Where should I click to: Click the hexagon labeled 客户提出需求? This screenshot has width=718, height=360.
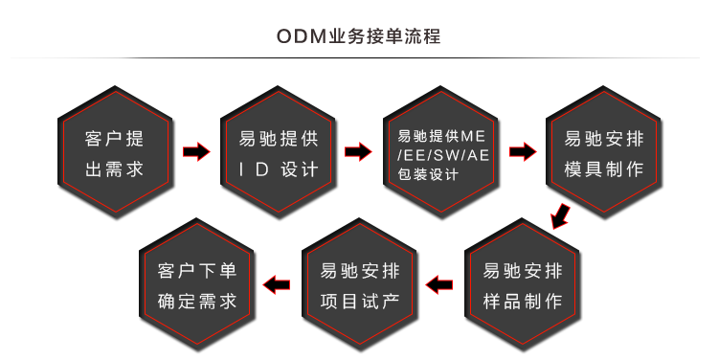pyautogui.click(x=115, y=153)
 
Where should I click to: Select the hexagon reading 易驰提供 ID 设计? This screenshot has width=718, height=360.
pyautogui.click(x=279, y=153)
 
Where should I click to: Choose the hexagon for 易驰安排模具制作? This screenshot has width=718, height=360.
pyautogui.click(x=604, y=153)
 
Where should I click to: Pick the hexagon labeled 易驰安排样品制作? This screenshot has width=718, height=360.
pyautogui.click(x=523, y=285)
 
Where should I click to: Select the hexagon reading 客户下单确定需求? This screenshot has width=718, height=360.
pyautogui.click(x=197, y=285)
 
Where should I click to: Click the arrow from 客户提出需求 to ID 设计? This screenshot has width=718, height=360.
pyautogui.click(x=196, y=151)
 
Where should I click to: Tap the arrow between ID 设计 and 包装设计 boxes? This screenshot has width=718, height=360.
pyautogui.click(x=358, y=151)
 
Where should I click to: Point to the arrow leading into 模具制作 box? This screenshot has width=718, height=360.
pyautogui.click(x=523, y=151)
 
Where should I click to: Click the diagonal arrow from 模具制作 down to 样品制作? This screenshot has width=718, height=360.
pyautogui.click(x=563, y=216)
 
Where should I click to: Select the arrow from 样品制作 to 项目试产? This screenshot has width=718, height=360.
pyautogui.click(x=439, y=284)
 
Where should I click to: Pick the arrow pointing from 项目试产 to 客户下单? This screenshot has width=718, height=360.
pyautogui.click(x=277, y=284)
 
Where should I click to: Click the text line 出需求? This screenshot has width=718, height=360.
pyautogui.click(x=115, y=169)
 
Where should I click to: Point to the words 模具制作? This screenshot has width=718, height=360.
pyautogui.click(x=604, y=169)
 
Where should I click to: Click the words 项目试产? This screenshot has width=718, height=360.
pyautogui.click(x=360, y=302)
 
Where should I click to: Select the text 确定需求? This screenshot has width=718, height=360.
pyautogui.click(x=197, y=302)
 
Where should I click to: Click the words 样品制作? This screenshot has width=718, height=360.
pyautogui.click(x=523, y=302)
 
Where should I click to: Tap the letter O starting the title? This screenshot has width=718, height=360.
pyautogui.click(x=282, y=37)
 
